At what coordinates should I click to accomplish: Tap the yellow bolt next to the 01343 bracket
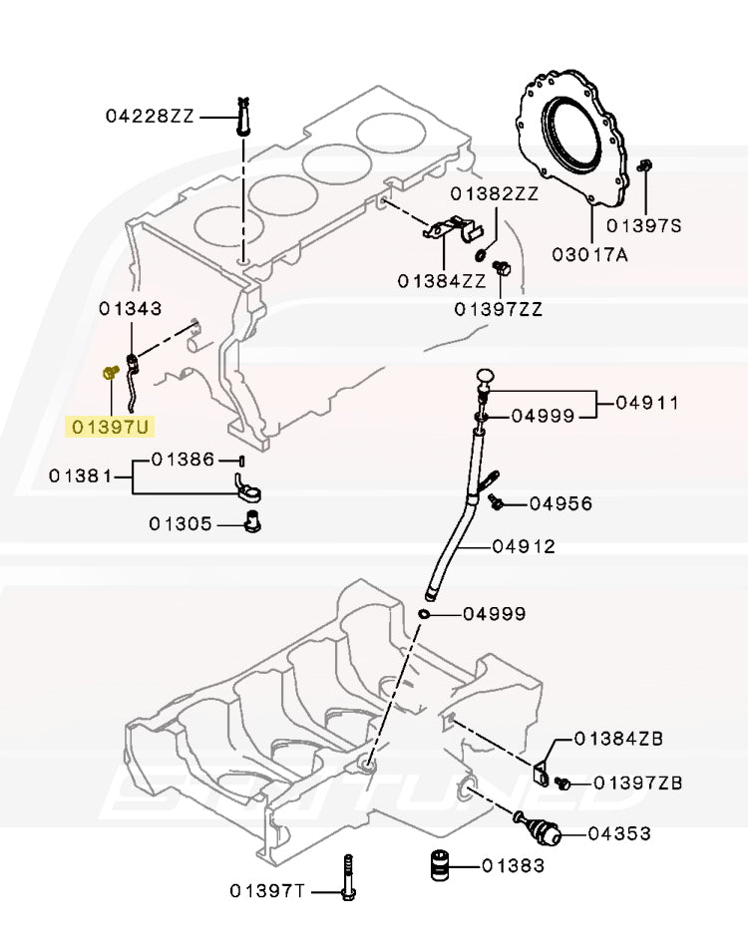click(x=109, y=373)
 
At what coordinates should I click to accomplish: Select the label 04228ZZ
click(x=150, y=116)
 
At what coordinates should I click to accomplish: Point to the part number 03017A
click(x=590, y=254)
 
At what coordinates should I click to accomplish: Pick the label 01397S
click(x=643, y=226)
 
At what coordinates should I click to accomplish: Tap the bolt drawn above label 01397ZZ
click(x=502, y=268)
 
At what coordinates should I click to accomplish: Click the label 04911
click(x=646, y=403)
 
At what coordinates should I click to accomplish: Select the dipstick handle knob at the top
click(x=486, y=376)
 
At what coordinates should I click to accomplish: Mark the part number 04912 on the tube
click(x=523, y=546)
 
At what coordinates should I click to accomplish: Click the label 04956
click(x=561, y=503)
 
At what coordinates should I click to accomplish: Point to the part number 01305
click(x=182, y=522)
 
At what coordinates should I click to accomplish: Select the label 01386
click(x=183, y=460)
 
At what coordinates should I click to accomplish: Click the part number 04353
click(x=618, y=832)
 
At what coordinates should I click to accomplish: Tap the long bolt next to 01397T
click(x=347, y=877)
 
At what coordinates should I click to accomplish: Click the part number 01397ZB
click(x=637, y=783)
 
